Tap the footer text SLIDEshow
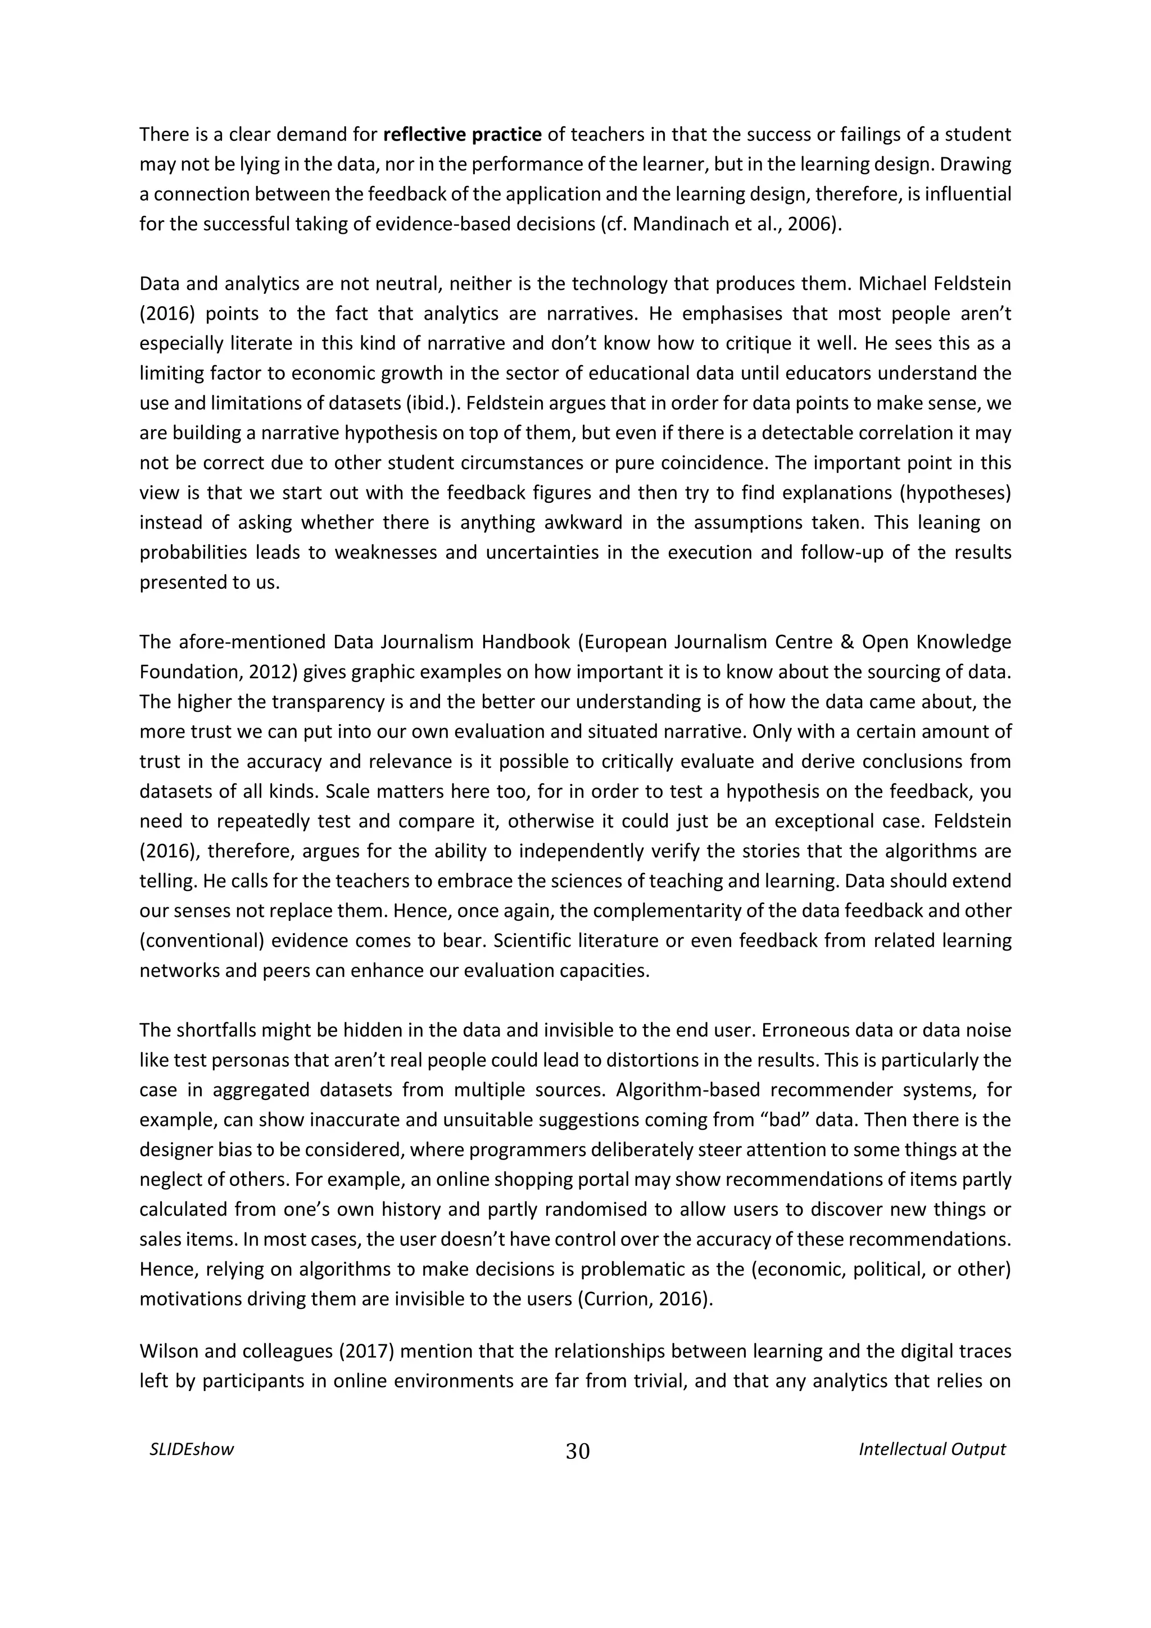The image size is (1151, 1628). [x=192, y=1449]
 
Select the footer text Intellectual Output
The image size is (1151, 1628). [x=932, y=1449]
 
